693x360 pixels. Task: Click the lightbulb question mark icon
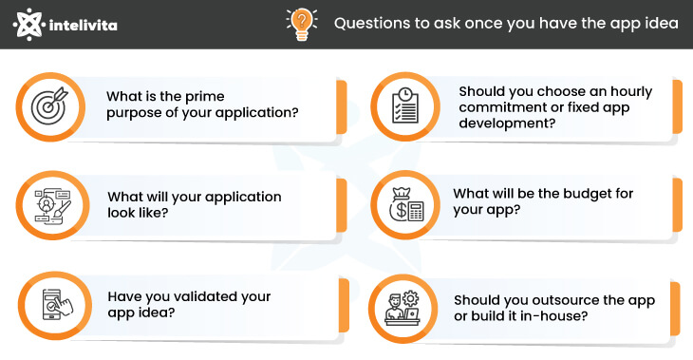(301, 23)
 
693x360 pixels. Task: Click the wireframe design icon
(47, 204)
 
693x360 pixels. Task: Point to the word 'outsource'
(569, 299)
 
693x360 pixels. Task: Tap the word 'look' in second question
(123, 214)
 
